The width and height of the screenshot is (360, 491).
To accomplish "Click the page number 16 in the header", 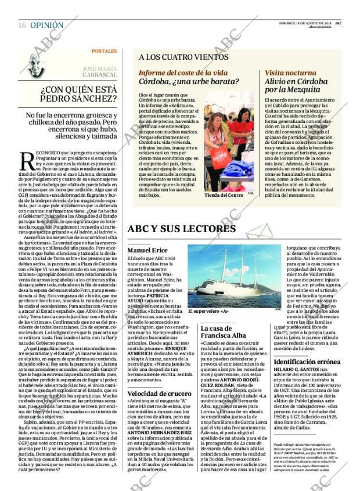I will tap(21, 26).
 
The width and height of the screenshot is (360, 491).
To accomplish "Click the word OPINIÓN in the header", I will tap(46, 26).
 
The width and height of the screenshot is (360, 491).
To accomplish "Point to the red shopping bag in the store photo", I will tap(220, 157).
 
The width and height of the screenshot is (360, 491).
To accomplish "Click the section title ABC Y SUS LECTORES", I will tap(181, 229).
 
